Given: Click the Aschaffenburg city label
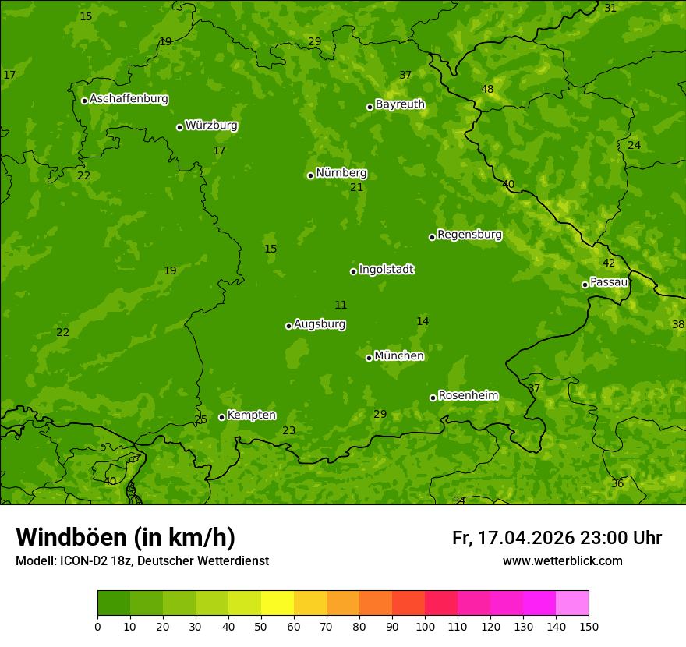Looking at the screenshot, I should pyautogui.click(x=129, y=99).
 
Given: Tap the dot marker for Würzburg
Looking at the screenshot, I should pyautogui.click(x=179, y=127).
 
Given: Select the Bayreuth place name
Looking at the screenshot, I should pyautogui.click(x=400, y=104).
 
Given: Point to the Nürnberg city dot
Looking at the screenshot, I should pyautogui.click(x=310, y=175).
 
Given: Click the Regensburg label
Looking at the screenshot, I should pyautogui.click(x=469, y=235).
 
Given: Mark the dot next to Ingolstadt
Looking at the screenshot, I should pyautogui.click(x=353, y=271).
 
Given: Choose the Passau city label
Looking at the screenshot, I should pyautogui.click(x=609, y=282).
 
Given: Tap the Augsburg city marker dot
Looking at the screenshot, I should pyautogui.click(x=288, y=326).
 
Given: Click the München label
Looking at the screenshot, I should pyautogui.click(x=399, y=356).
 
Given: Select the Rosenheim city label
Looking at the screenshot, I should pyautogui.click(x=468, y=396).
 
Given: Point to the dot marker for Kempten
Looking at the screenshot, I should pyautogui.click(x=221, y=417).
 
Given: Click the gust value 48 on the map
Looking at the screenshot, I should pyautogui.click(x=487, y=90).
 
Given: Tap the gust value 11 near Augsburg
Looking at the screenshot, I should pyautogui.click(x=341, y=306).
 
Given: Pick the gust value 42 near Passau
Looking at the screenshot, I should pyautogui.click(x=609, y=263).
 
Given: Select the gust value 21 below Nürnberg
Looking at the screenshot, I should pyautogui.click(x=356, y=188).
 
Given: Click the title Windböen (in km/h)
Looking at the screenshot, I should pyautogui.click(x=126, y=537).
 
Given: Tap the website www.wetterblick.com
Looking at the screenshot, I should pyautogui.click(x=562, y=561).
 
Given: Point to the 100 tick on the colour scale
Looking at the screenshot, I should pyautogui.click(x=425, y=626).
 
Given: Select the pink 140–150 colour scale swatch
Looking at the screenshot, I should pyautogui.click(x=572, y=603).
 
